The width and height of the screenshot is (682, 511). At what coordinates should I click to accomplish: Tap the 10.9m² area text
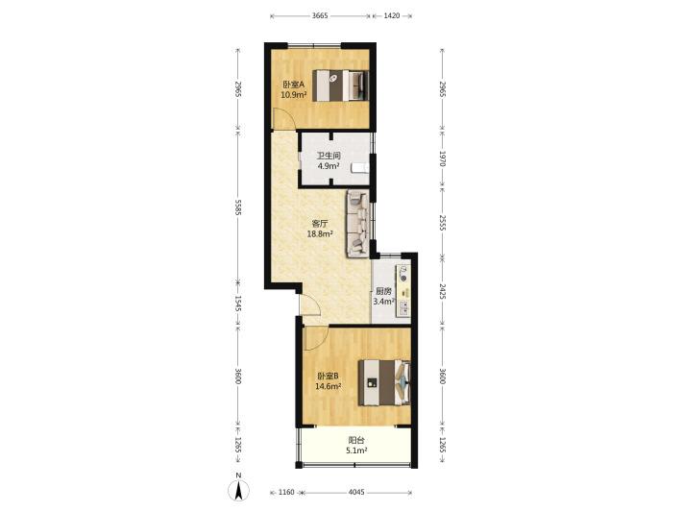click(294, 94)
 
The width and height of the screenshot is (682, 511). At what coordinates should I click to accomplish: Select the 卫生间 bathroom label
click(329, 156)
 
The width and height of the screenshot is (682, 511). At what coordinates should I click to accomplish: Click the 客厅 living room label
click(320, 224)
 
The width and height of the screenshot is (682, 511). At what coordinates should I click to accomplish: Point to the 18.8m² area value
click(320, 234)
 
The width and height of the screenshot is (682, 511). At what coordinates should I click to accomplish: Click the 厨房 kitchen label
click(383, 291)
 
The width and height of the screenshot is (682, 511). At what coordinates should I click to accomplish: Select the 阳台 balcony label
click(356, 441)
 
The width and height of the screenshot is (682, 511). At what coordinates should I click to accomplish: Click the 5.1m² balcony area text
click(356, 450)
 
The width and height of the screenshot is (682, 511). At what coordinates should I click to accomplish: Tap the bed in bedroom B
click(384, 382)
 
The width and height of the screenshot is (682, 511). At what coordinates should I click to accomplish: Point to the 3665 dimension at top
click(320, 16)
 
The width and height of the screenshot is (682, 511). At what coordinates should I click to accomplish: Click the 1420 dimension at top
click(392, 16)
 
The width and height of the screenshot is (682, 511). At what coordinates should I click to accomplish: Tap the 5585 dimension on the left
click(238, 207)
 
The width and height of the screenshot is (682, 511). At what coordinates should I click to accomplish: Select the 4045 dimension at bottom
click(356, 493)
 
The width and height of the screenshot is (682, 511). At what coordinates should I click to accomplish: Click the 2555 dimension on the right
click(443, 223)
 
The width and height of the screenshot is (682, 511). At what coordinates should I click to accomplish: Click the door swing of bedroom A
click(283, 117)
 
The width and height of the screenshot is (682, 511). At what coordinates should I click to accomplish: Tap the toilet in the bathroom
click(360, 168)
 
